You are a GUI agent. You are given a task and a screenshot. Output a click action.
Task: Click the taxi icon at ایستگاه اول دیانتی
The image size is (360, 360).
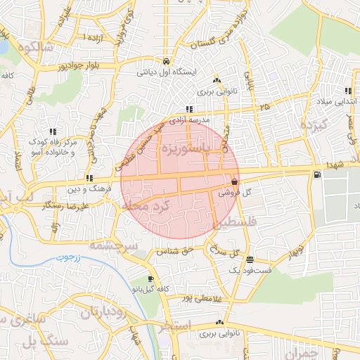pos(165,60)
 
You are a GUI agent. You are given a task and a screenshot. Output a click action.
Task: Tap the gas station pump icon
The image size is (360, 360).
pos(318,174)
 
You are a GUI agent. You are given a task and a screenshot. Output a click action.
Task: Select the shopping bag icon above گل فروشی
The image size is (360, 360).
pos(233,180)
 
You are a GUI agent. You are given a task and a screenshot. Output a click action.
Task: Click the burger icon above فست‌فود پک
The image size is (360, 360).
pos(251,259)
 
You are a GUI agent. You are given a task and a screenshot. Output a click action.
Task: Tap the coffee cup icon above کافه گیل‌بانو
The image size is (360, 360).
pos(150,278)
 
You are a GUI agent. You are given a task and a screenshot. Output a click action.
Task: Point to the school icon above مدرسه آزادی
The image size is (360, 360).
pos(189,109)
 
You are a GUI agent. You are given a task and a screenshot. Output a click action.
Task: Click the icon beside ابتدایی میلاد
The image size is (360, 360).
pos(347,90)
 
